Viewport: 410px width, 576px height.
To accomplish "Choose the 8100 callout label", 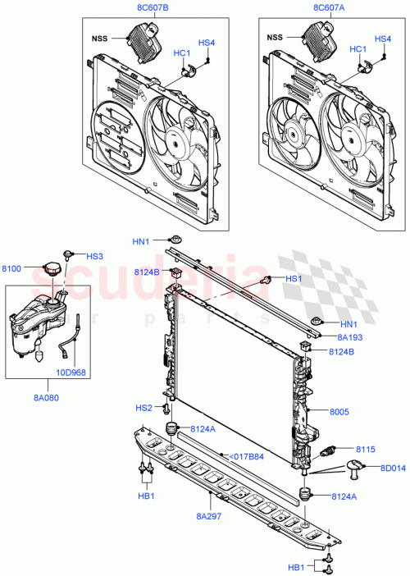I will pos(13,268).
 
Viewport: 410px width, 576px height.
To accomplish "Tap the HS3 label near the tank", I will pos(95,256).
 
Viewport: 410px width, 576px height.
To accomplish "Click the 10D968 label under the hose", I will pos(72,371).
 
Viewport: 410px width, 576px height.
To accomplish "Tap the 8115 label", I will pos(367,449).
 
